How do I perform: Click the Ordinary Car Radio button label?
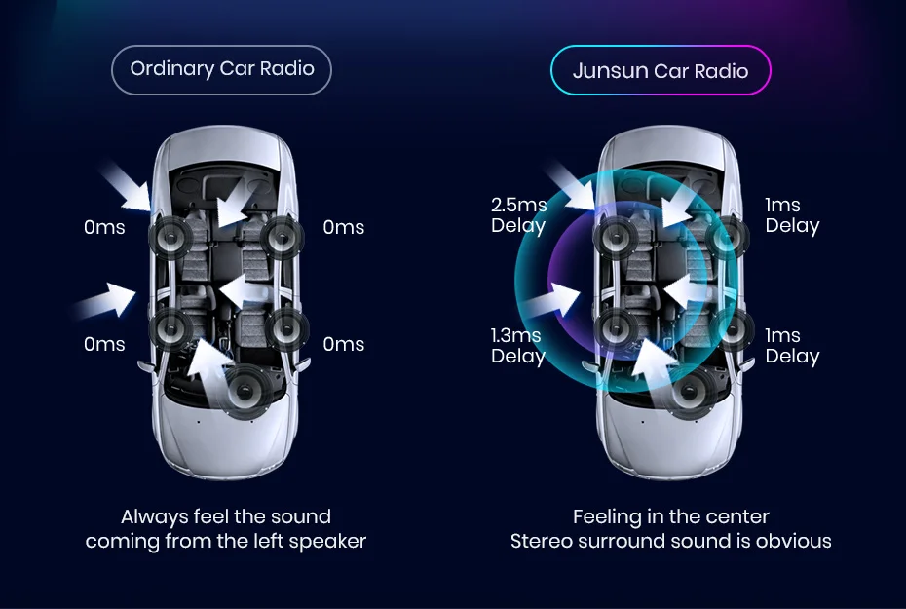(x=221, y=69)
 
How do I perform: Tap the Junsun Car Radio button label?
(x=661, y=70)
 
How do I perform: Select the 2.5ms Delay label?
(x=518, y=215)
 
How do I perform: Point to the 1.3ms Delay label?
(x=517, y=346)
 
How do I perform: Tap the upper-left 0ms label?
(x=104, y=227)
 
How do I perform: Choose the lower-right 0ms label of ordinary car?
(x=343, y=344)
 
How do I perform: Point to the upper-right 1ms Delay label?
(x=792, y=215)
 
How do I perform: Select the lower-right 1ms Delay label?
(x=792, y=346)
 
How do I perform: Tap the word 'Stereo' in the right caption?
(x=544, y=541)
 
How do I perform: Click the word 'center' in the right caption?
(x=737, y=516)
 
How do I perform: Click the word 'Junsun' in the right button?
(x=610, y=70)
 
